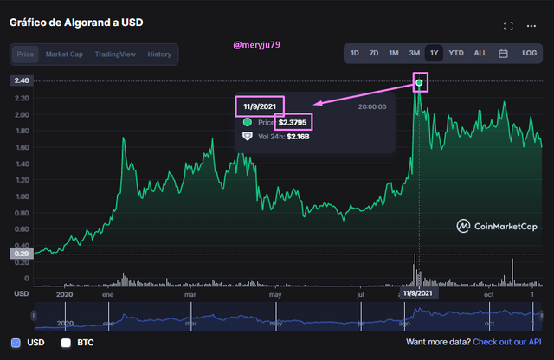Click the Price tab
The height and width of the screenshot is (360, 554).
26,54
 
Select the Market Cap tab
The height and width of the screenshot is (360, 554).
65,54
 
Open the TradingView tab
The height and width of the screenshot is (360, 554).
115,54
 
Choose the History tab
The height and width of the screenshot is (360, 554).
159,54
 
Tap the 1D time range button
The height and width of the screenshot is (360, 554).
355,54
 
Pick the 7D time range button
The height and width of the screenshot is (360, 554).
374,54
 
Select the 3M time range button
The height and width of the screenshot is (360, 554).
414,54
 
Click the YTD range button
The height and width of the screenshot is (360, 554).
455,54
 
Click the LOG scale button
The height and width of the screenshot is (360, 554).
530,54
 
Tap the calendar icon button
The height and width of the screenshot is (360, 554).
503,54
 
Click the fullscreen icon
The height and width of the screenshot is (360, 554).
508,27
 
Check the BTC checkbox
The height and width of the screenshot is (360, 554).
66,342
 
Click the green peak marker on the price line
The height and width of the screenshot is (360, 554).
420,83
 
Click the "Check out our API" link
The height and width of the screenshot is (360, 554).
507,342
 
